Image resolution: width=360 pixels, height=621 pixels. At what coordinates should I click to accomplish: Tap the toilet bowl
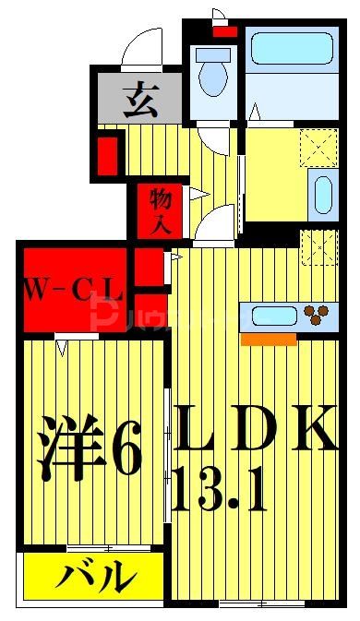[214, 76]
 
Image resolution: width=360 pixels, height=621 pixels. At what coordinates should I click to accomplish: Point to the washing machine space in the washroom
[318, 147]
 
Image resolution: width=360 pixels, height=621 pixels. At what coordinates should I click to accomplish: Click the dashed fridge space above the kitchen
[319, 245]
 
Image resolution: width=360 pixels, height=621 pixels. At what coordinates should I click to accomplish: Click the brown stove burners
[318, 316]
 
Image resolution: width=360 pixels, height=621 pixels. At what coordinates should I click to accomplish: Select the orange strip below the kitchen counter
[269, 339]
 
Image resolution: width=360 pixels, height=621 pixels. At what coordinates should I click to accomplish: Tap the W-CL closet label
[74, 294]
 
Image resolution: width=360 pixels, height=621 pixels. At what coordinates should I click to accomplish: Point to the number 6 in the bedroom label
[127, 449]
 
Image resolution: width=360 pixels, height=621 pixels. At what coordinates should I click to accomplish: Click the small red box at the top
[224, 32]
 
